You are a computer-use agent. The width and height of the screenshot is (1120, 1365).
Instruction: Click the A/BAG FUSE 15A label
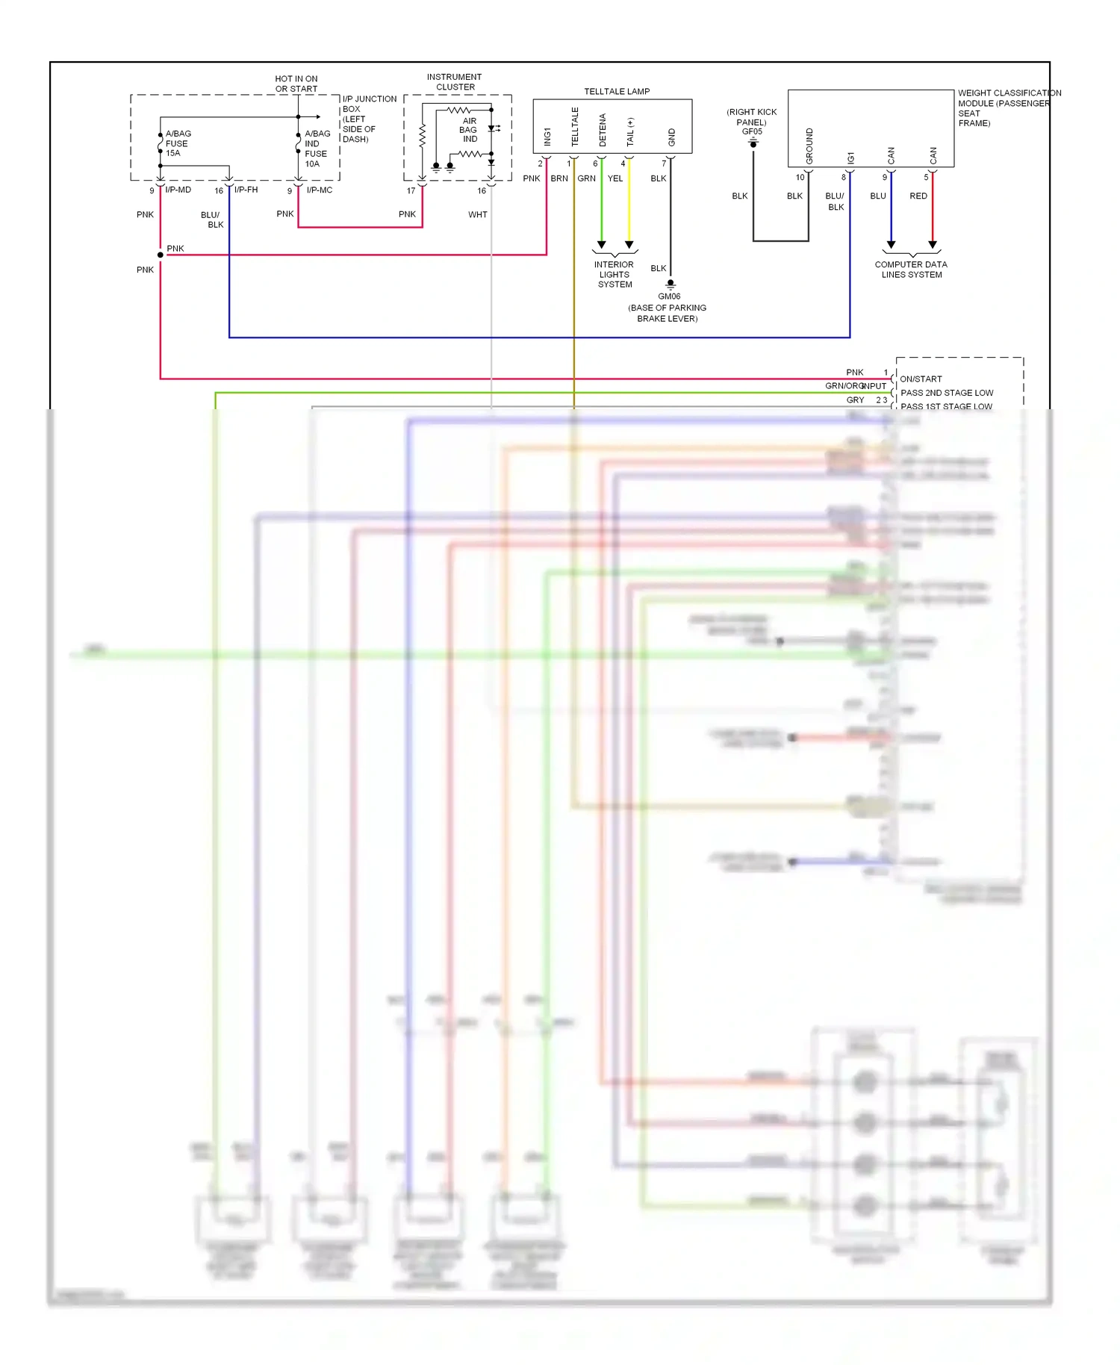click(x=178, y=143)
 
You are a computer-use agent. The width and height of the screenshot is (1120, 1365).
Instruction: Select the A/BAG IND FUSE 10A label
click(x=317, y=149)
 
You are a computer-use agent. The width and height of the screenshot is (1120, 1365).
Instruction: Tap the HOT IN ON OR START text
click(x=296, y=84)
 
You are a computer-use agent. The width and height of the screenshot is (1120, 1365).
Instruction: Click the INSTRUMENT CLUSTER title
click(x=454, y=81)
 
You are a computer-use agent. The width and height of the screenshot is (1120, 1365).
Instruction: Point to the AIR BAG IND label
click(x=469, y=130)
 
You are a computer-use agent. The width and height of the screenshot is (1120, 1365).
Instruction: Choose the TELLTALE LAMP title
click(x=617, y=91)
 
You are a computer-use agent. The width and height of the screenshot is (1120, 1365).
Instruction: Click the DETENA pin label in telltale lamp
click(x=603, y=130)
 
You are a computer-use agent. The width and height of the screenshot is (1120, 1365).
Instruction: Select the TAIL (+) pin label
click(x=630, y=132)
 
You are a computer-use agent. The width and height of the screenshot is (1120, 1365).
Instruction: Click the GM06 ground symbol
click(x=671, y=284)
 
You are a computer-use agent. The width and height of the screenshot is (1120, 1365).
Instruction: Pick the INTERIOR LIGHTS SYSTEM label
click(x=614, y=274)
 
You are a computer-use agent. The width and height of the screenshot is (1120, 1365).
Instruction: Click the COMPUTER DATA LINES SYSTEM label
click(x=911, y=270)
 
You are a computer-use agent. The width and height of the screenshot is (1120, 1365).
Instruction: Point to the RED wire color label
click(x=918, y=196)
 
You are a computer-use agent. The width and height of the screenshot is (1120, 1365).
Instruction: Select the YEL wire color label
click(x=615, y=178)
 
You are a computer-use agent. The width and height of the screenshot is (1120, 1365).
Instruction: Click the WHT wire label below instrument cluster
click(x=477, y=214)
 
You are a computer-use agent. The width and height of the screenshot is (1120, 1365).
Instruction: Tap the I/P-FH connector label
click(x=246, y=190)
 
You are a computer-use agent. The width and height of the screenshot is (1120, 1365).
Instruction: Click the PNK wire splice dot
click(x=161, y=255)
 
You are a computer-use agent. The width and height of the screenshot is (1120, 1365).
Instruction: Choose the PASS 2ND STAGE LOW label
click(x=946, y=393)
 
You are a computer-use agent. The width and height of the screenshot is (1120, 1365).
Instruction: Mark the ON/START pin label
click(x=920, y=379)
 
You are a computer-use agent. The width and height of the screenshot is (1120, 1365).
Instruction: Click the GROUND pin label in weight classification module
click(x=809, y=146)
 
